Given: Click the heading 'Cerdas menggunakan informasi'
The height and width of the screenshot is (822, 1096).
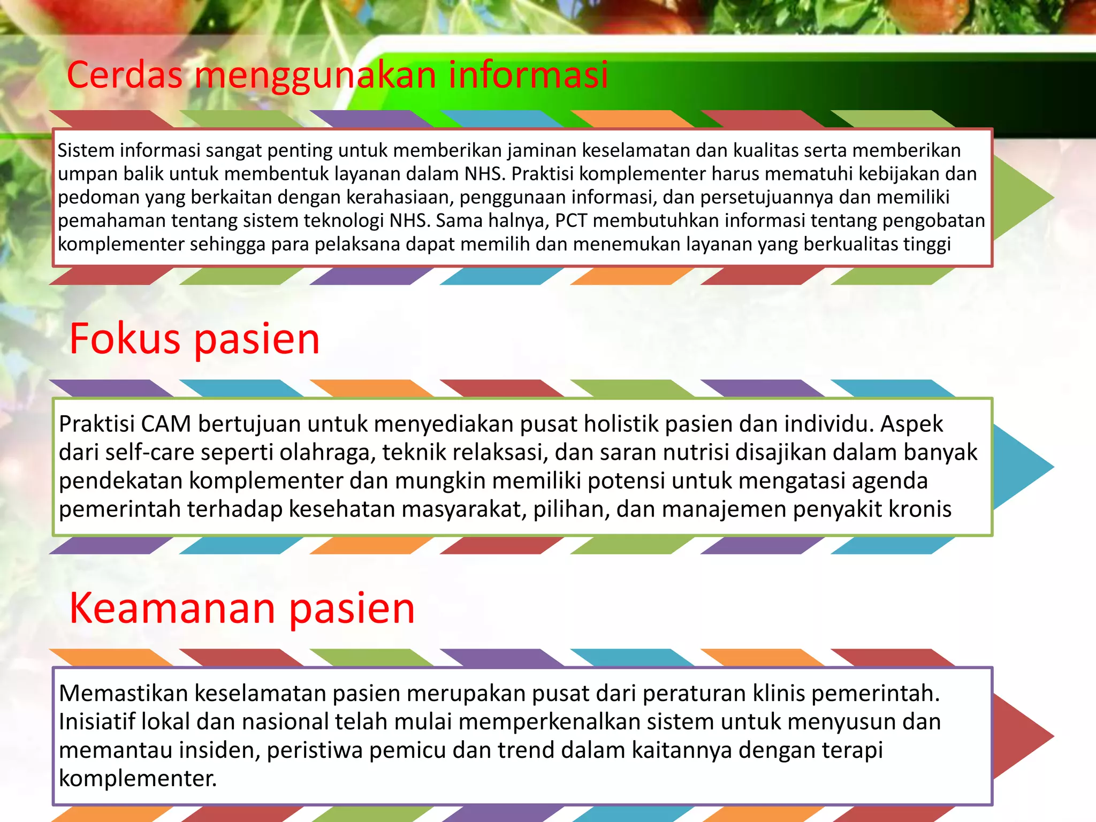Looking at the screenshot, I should pyautogui.click(x=337, y=75).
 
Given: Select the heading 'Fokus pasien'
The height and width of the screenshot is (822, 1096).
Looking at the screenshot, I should pyautogui.click(x=195, y=339).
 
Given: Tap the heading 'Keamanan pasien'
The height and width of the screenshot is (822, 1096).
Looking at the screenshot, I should pyautogui.click(x=242, y=608).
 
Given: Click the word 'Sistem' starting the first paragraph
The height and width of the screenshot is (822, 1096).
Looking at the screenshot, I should pyautogui.click(x=86, y=150).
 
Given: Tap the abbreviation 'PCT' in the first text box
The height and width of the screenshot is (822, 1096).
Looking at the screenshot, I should pyautogui.click(x=572, y=220).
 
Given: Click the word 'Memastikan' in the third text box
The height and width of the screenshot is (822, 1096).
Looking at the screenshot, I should pyautogui.click(x=123, y=694).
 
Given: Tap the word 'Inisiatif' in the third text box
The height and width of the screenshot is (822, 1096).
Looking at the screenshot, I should pyautogui.click(x=97, y=722).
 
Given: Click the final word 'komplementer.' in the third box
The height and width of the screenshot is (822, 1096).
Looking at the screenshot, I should pyautogui.click(x=138, y=779).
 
